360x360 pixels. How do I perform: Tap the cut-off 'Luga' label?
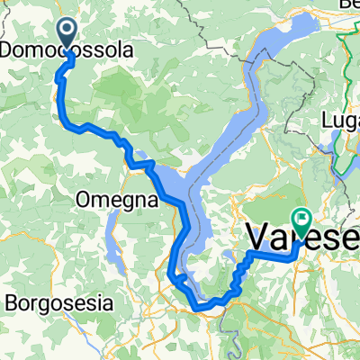coord(342,119)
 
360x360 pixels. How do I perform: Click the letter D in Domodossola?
coord(8,51)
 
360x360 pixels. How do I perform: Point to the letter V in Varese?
coord(256,238)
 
